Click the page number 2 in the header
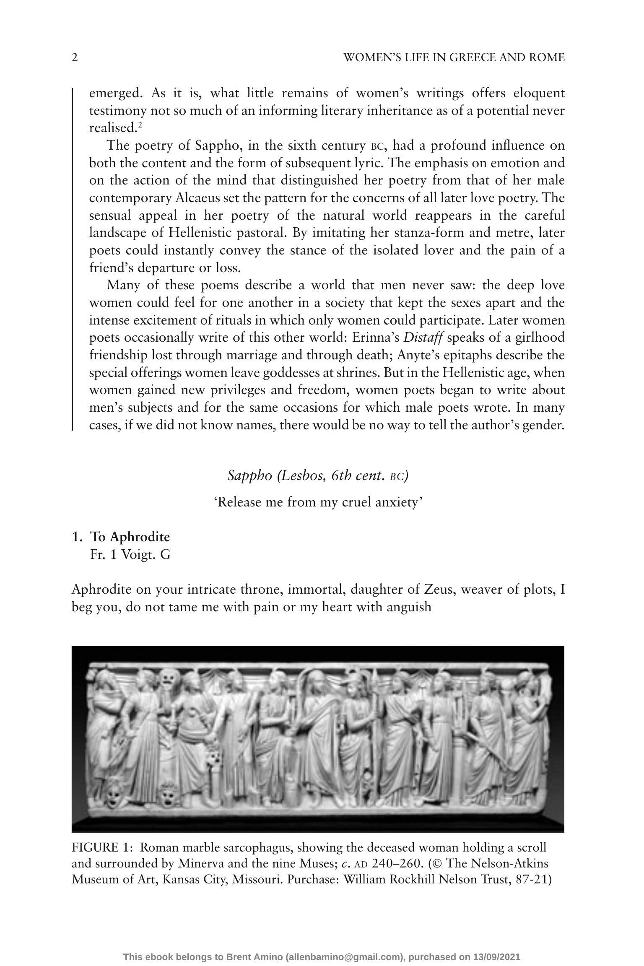(75, 57)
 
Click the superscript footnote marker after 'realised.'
(141, 125)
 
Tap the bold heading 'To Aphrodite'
(130, 537)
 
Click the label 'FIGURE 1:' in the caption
(102, 847)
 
